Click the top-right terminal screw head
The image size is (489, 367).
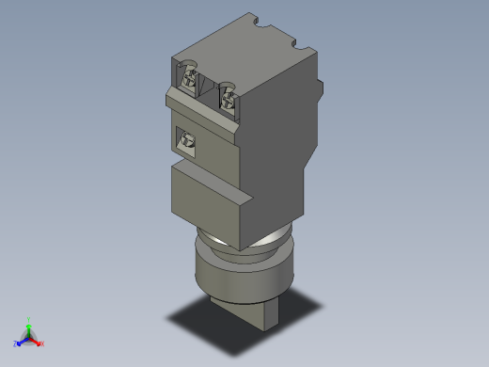[x=228, y=94]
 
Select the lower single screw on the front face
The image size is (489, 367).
[x=187, y=141]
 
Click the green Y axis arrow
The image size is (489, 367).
[x=28, y=326]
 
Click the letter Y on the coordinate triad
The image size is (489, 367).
[x=28, y=319]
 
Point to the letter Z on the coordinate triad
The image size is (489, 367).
[x=16, y=343]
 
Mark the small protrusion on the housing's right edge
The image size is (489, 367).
[x=321, y=89]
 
